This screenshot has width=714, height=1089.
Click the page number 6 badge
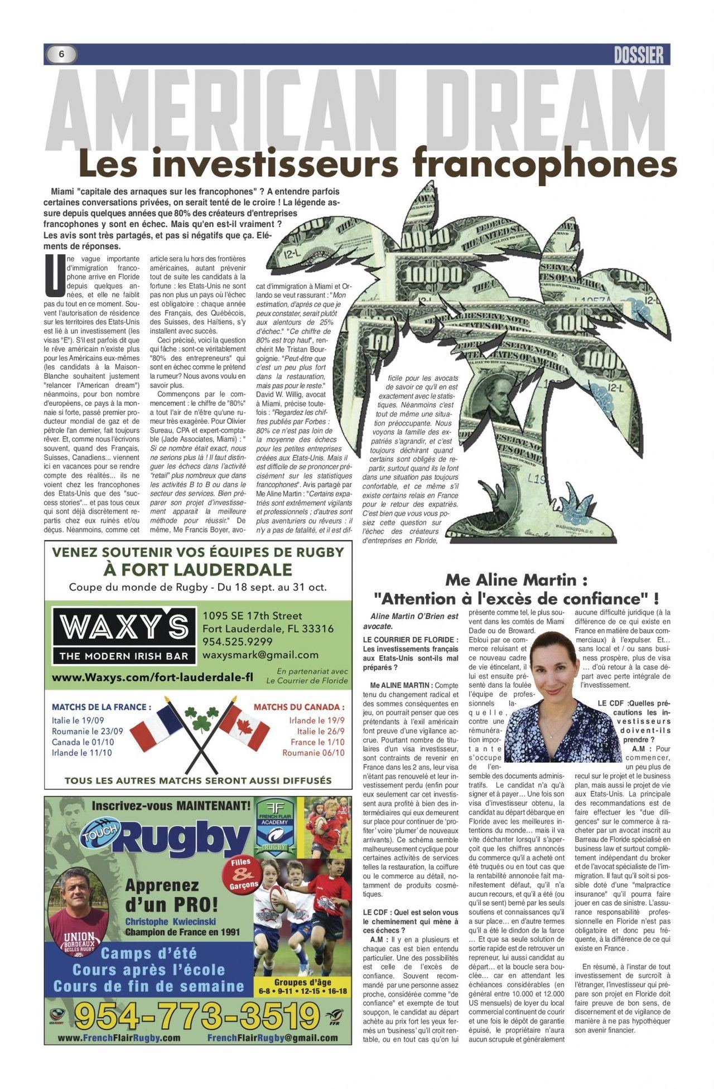[x=61, y=54]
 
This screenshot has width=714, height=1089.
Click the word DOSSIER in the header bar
[x=638, y=55]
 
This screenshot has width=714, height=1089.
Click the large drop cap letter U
[x=54, y=275]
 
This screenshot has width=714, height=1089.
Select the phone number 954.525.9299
[x=237, y=642]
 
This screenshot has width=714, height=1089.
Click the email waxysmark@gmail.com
[x=260, y=655]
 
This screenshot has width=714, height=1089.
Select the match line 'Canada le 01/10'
[x=83, y=742]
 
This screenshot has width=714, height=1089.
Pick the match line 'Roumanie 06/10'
[x=313, y=753]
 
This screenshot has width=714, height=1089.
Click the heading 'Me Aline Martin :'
[x=515, y=580]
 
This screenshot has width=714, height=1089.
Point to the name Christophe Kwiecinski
[x=170, y=922]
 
